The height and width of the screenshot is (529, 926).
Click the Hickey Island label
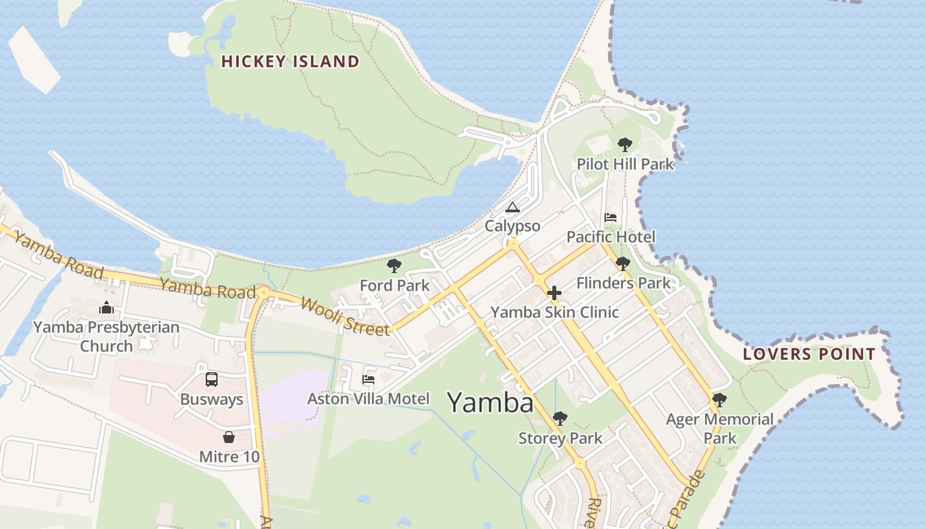(x=290, y=61)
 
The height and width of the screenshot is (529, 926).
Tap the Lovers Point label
(x=809, y=354)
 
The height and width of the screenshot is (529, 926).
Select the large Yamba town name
(x=490, y=402)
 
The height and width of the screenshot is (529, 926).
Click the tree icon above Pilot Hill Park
(x=624, y=145)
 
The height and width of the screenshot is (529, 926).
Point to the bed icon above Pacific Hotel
(x=610, y=218)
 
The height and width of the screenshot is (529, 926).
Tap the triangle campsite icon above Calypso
(x=513, y=208)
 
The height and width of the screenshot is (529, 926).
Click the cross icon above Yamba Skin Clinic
(x=554, y=293)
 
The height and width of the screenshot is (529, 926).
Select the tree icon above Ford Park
(x=394, y=266)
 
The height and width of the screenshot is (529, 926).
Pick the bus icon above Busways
(x=212, y=380)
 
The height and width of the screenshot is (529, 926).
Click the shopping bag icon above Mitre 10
(x=229, y=437)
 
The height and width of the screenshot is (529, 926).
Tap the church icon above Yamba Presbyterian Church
(x=106, y=307)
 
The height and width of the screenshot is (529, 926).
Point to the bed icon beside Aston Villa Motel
(x=368, y=380)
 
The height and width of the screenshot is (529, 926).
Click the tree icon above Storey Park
(x=560, y=419)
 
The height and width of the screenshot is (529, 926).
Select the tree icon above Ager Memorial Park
(x=720, y=400)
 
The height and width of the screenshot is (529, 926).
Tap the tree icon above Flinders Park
(x=622, y=264)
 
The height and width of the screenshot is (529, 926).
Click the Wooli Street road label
(x=345, y=316)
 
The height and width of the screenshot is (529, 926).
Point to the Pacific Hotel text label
(x=611, y=237)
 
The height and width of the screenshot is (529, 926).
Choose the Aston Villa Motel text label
(x=368, y=399)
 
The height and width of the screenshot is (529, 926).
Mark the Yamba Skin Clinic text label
(x=554, y=312)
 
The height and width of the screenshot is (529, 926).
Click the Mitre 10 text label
(x=230, y=456)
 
